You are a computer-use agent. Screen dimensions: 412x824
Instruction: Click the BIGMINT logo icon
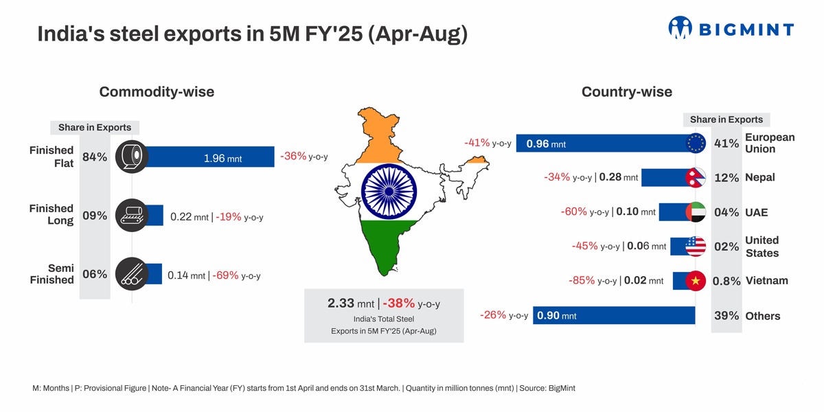pos(680,27)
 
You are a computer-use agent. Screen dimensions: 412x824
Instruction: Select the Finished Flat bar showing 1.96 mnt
pos(213,157)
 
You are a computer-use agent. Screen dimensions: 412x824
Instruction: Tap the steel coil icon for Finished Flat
pos(131,157)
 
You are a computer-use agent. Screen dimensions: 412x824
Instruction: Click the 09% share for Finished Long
pos(95,216)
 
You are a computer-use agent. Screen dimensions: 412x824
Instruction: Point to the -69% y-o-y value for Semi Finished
pos(225,275)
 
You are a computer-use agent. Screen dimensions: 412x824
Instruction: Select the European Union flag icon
pos(696,143)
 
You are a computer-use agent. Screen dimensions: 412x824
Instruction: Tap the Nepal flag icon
pos(696,178)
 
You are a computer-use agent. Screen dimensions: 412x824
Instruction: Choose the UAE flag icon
pos(696,212)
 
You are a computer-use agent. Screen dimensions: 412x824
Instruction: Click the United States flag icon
pos(696,247)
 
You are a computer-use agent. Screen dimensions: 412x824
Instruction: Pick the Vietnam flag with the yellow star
pos(696,281)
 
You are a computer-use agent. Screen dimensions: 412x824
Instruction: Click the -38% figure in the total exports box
pos(399,303)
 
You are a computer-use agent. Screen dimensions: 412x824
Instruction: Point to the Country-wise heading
pos(626,91)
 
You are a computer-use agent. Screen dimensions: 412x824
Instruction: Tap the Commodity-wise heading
pos(157,91)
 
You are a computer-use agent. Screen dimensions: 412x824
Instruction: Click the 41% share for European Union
pos(726,144)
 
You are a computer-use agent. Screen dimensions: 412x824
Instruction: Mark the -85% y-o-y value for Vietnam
pos(582,280)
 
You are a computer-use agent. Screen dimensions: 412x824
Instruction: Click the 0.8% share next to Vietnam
pos(726,282)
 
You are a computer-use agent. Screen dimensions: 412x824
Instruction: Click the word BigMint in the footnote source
pos(562,388)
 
